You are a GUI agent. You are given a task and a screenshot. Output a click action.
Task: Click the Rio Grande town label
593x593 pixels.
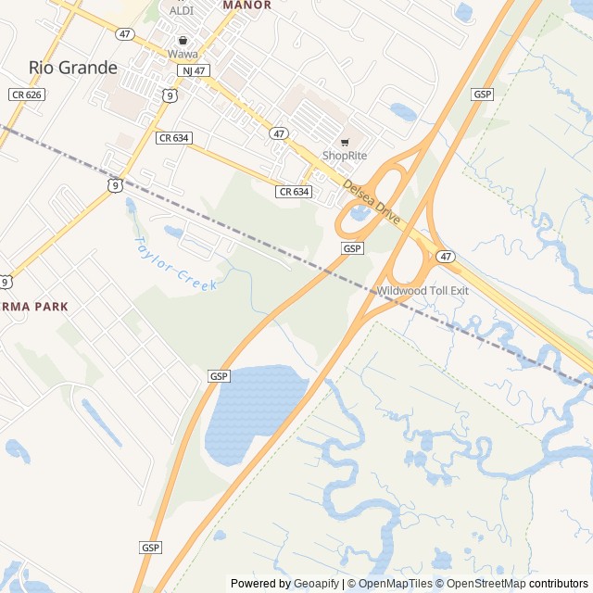(73, 68)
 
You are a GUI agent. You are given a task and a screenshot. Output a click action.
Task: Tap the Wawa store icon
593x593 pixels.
(183, 41)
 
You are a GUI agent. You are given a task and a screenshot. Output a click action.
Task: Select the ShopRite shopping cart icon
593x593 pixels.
(345, 142)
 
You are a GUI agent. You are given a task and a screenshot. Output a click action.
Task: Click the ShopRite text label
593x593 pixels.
(345, 156)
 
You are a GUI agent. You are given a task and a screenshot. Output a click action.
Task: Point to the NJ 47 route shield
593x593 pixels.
(194, 70)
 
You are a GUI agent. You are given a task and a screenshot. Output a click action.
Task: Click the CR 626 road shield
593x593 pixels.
(26, 95)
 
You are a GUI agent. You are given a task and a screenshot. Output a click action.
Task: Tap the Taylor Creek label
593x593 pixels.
(176, 264)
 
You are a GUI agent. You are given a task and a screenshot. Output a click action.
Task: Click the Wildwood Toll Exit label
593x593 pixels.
(423, 291)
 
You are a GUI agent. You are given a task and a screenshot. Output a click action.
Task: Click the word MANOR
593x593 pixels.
(247, 6)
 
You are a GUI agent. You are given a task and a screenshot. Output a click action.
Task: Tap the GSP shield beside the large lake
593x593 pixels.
(219, 376)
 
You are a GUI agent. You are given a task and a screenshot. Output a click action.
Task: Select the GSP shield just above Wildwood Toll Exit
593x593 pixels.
(352, 249)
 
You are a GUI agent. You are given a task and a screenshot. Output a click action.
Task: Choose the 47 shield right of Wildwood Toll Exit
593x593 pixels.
(447, 257)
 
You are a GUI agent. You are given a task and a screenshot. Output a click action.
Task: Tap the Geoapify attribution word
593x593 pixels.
(317, 584)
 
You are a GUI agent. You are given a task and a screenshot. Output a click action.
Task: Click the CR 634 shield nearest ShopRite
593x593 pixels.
(293, 192)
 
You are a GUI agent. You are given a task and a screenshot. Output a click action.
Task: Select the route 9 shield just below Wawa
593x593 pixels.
(168, 95)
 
